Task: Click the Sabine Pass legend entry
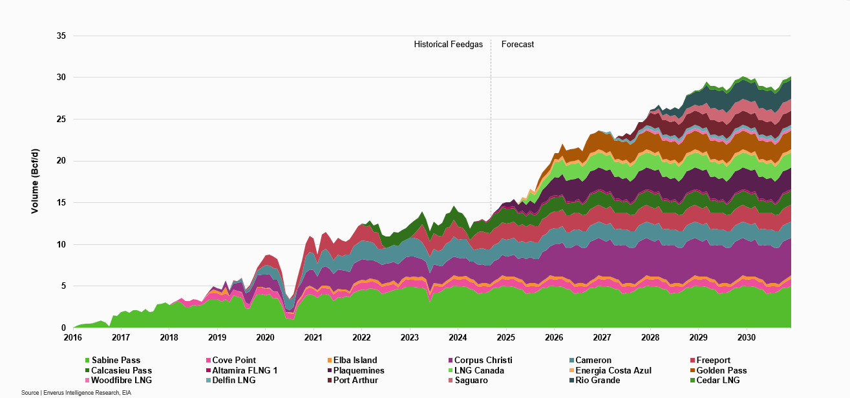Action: coord(116,361)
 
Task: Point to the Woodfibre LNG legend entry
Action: coord(122,381)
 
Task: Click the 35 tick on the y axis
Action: coord(61,36)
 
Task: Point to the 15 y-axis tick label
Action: coord(61,203)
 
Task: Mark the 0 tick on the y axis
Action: coord(64,328)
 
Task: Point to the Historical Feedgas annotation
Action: coord(448,45)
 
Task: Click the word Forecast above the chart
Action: coord(518,45)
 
